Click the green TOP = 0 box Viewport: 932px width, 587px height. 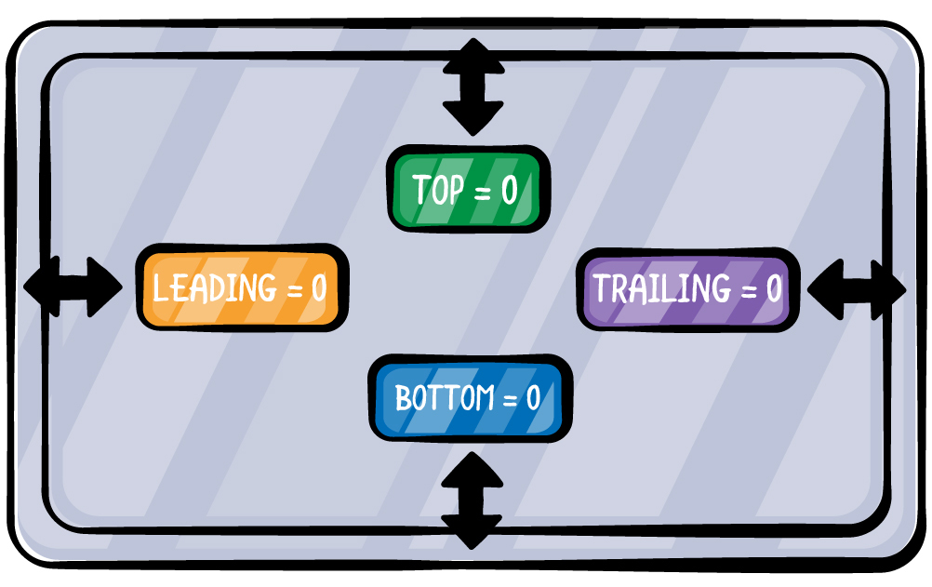(468, 189)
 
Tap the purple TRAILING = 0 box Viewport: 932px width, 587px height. (688, 289)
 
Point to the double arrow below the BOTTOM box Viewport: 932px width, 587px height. (473, 500)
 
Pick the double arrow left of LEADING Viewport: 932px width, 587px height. (73, 287)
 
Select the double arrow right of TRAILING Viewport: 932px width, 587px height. (856, 290)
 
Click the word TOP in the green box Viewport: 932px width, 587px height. (437, 190)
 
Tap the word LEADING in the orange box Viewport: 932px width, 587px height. (214, 288)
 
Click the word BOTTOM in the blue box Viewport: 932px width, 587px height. (444, 398)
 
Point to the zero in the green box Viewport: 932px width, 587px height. (509, 190)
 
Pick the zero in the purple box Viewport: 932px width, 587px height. (773, 290)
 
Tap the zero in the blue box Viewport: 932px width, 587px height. (533, 398)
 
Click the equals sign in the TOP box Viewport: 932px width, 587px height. (482, 191)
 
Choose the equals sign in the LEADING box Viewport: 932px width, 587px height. (291, 288)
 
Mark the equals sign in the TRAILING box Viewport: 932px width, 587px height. (747, 290)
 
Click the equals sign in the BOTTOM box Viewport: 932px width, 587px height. (509, 399)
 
